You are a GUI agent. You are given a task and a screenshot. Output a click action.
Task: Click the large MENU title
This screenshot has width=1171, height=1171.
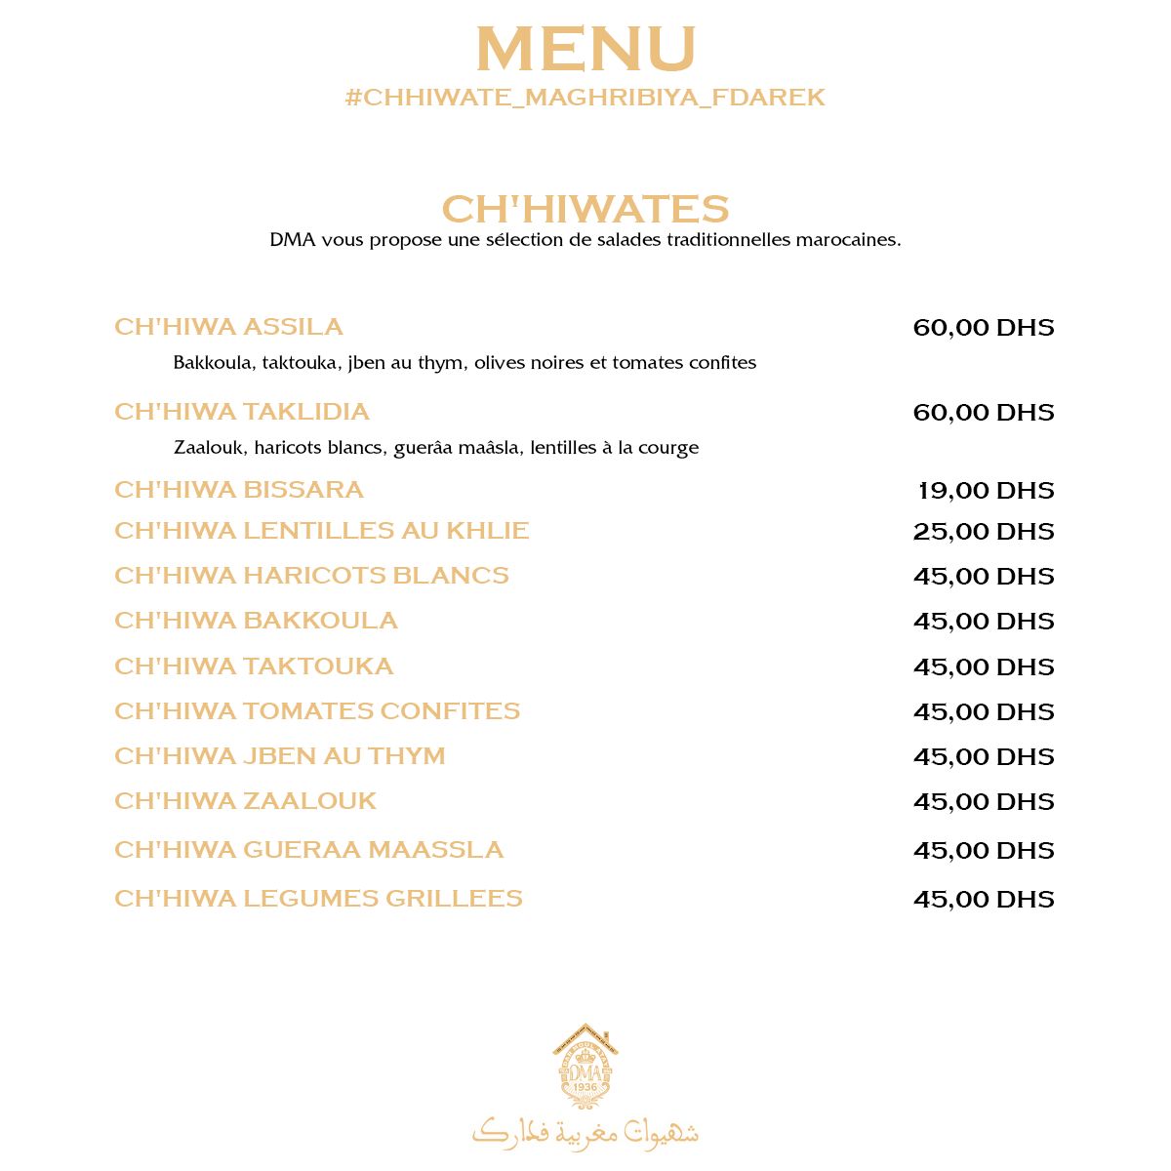point(585,50)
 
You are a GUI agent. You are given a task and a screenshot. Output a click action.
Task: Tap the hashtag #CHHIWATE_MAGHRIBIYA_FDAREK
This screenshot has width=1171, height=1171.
point(585,98)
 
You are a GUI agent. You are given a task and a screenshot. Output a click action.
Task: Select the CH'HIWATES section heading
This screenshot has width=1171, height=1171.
point(585,209)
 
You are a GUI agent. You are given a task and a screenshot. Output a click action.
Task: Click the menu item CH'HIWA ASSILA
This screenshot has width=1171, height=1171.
point(228,327)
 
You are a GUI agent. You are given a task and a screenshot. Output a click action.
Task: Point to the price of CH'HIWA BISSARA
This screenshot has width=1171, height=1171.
point(986,490)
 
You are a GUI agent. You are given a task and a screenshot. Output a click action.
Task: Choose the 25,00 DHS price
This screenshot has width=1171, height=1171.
point(984,531)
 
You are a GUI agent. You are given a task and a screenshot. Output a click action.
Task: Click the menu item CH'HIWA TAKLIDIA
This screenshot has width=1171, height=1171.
point(241,412)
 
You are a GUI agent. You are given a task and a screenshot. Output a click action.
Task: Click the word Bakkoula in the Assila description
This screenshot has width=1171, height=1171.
point(213,363)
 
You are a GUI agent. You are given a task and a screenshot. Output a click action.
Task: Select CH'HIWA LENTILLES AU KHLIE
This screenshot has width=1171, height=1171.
point(321,531)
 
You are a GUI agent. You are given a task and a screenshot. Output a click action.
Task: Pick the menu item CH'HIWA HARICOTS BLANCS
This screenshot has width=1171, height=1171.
point(311,576)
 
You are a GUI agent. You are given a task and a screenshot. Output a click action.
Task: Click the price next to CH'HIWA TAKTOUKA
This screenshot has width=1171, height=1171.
point(984,666)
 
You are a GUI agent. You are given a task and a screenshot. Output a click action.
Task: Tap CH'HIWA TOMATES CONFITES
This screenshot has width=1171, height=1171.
point(316,711)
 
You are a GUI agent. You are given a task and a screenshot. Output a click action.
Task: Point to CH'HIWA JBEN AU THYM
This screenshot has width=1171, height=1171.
point(279,756)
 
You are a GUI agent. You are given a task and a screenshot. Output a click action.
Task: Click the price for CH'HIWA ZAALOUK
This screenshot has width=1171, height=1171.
point(984,801)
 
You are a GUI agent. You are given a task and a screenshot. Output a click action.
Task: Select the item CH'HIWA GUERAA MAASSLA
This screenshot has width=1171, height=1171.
point(308,850)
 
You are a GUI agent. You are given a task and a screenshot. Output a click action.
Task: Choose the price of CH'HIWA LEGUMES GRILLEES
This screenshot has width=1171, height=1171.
point(984,899)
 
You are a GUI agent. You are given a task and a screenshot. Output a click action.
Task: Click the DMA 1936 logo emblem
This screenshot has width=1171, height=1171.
point(585,1068)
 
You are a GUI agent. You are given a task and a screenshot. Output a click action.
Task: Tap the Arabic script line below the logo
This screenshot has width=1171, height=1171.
point(585,1131)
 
